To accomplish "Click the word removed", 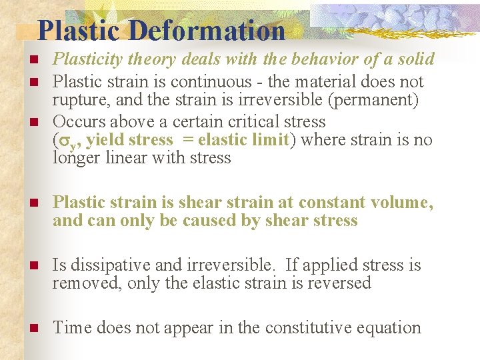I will point(80,284).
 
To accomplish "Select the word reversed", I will point(338,283).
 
